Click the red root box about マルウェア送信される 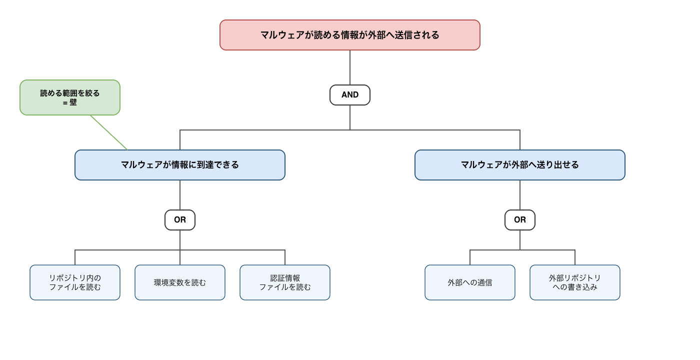tap(349, 35)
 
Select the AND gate tap(349, 95)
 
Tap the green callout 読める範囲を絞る tap(70, 97)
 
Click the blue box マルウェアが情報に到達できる tap(180, 165)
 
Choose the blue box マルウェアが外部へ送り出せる tap(520, 165)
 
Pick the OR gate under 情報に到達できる tap(180, 220)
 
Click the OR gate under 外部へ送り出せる tap(520, 220)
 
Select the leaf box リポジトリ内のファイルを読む tap(75, 282)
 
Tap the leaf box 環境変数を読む tap(180, 282)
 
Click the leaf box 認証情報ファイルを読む tap(285, 282)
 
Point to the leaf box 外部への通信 tap(470, 282)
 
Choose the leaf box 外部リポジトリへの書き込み tap(575, 282)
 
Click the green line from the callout tap(109, 132)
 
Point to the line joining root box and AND tap(350, 67)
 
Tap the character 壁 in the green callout tap(73, 102)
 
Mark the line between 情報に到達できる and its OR tap(180, 195)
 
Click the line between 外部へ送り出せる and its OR tap(520, 195)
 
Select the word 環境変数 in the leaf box tap(169, 282)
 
